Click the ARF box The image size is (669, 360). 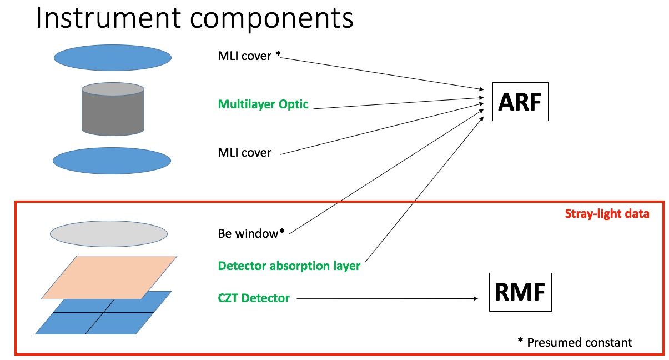[x=520, y=102]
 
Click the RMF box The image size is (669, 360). [x=520, y=292]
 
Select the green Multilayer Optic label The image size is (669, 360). [x=263, y=104]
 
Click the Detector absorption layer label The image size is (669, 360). [x=289, y=266]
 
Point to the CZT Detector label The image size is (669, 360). [x=254, y=298]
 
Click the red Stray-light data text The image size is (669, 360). [x=606, y=214]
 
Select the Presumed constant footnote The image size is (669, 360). [x=574, y=342]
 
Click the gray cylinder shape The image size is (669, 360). [x=113, y=109]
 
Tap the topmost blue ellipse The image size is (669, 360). [x=113, y=57]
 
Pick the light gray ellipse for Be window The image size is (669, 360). [x=109, y=234]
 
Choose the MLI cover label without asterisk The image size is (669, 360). [x=245, y=152]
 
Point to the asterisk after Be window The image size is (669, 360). [x=282, y=232]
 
